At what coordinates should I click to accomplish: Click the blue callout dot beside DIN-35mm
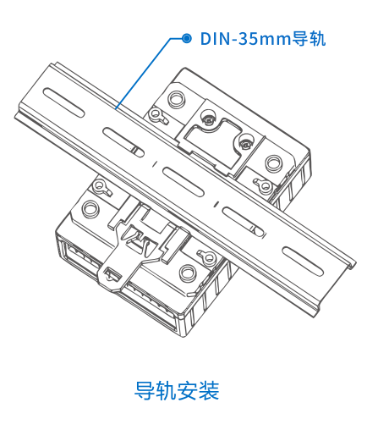pyautogui.click(x=186, y=38)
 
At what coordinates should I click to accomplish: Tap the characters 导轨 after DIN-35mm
pyautogui.click(x=309, y=38)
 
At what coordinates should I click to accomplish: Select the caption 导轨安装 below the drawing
pyautogui.click(x=177, y=390)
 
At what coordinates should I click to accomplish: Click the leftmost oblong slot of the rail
pyautogui.click(x=63, y=102)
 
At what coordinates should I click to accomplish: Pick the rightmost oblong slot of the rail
pyautogui.click(x=303, y=262)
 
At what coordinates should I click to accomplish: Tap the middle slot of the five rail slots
pyautogui.click(x=183, y=182)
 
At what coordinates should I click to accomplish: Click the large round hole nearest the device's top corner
pyautogui.click(x=177, y=99)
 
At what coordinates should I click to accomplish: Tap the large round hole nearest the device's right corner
pyautogui.click(x=273, y=163)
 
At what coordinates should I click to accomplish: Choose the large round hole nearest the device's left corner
pyautogui.click(x=90, y=208)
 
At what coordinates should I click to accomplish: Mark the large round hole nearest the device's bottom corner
pyautogui.click(x=188, y=273)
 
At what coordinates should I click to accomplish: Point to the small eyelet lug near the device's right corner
pyautogui.click(x=263, y=185)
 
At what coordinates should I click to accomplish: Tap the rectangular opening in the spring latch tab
pyautogui.click(x=112, y=273)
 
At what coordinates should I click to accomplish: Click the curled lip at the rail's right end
pyautogui.click(x=352, y=265)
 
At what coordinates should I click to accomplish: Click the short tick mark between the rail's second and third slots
pyautogui.click(x=154, y=163)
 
